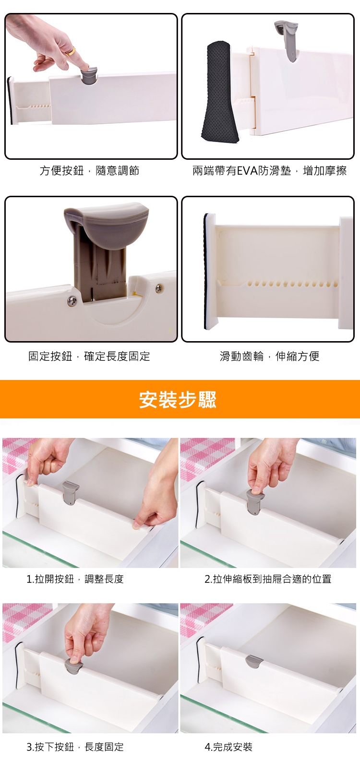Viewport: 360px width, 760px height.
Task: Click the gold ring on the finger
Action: click(71, 51)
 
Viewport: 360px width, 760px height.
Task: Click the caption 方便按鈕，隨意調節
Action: click(89, 170)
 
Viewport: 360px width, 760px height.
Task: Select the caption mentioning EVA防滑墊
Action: click(269, 170)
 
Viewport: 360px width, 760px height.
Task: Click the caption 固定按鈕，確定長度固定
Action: click(89, 356)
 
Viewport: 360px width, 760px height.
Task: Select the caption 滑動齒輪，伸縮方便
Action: click(269, 356)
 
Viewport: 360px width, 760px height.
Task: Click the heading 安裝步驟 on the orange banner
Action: click(178, 399)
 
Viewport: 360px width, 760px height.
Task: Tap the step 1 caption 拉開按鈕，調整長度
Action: click(75, 579)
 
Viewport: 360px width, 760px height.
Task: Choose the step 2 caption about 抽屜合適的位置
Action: click(268, 579)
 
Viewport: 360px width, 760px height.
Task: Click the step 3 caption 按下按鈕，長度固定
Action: click(75, 747)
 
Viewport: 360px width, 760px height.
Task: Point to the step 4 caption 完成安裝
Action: click(228, 747)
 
